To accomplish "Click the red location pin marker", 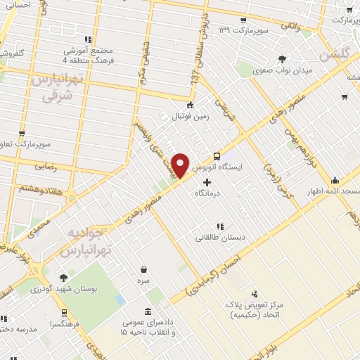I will pos(181,165).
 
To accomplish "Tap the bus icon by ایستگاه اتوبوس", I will pos(217,156).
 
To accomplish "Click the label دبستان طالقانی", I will pos(221,238).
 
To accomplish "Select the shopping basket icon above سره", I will pos(143,269).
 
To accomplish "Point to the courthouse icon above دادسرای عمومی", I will pos(147,311).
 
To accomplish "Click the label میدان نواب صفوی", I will pos(283,70).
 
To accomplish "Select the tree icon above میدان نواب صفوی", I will pos(282,59).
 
